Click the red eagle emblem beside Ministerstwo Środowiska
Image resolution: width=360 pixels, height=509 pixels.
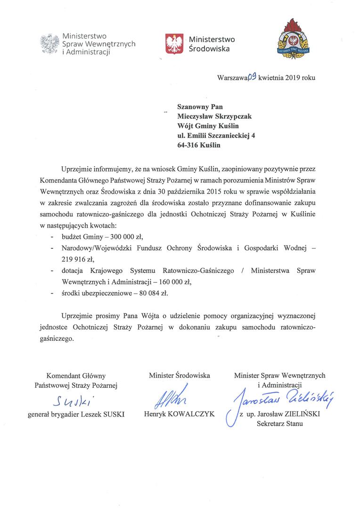pyautogui.click(x=174, y=43)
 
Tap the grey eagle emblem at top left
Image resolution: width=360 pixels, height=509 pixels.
pyautogui.click(x=49, y=44)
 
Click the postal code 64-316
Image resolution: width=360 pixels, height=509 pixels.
pyautogui.click(x=187, y=146)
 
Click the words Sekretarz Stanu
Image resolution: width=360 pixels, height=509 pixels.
pyautogui.click(x=280, y=423)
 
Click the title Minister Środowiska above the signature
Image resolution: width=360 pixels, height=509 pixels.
pyautogui.click(x=180, y=376)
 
